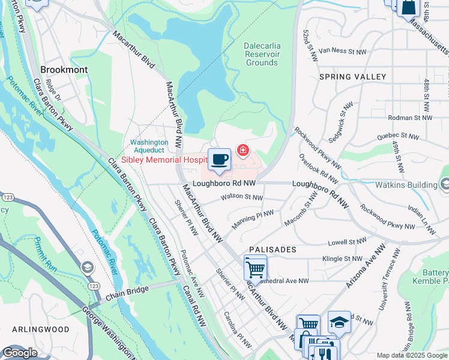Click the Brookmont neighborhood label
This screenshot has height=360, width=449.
(64, 70)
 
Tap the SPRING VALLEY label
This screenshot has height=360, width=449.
(352, 77)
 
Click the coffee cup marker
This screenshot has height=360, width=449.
(220, 160)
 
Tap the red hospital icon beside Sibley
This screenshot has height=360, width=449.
(243, 149)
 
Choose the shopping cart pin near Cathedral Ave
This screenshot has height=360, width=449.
(255, 269)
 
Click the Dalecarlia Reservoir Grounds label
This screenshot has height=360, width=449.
(262, 54)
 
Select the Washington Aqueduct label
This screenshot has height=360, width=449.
(149, 146)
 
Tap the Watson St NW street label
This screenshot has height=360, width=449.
(242, 197)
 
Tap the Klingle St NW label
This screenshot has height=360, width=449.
(342, 259)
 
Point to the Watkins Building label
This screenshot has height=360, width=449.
(405, 185)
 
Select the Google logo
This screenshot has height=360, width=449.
(20, 353)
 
